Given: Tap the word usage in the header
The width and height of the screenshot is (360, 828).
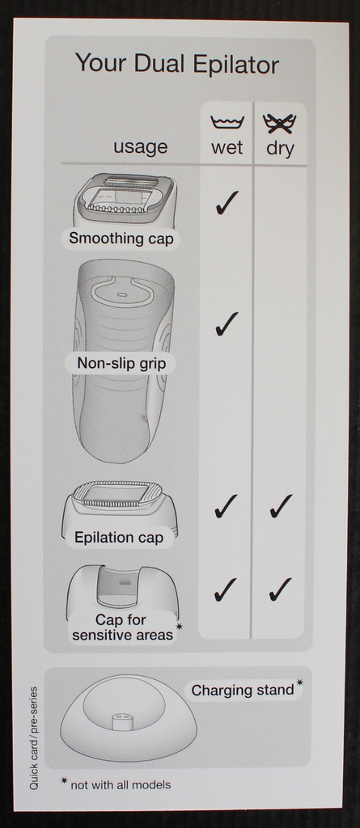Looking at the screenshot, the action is [x=140, y=147].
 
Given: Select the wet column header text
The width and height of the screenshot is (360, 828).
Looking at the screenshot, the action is [x=227, y=147].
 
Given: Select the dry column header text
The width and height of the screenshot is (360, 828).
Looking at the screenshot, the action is [x=280, y=149].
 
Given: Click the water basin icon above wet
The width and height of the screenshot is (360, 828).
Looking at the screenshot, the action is [x=227, y=123].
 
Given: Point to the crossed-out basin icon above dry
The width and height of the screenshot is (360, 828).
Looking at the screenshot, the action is [x=279, y=123].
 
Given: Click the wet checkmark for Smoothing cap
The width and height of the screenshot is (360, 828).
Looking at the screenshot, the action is [x=227, y=203].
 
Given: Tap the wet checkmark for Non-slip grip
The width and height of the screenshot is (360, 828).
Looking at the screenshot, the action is [x=227, y=323].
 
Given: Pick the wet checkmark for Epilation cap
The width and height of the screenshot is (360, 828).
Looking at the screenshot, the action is [x=226, y=506].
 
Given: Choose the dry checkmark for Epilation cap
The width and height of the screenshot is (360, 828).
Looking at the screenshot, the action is [x=281, y=506].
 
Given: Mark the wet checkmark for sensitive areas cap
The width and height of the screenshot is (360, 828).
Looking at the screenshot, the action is [x=225, y=589].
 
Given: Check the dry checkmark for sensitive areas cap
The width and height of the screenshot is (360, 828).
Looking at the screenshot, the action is [x=280, y=589].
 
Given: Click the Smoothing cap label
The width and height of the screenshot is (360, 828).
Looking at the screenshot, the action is [x=121, y=239].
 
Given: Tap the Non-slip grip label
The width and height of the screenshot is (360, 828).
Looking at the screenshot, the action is [x=121, y=363].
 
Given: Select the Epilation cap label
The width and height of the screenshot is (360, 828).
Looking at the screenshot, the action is [x=119, y=538].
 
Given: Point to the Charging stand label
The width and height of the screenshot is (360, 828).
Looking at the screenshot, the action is [x=243, y=691].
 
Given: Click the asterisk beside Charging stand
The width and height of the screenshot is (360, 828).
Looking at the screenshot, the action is [x=300, y=682].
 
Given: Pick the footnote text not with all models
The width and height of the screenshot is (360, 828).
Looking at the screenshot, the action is [x=121, y=785].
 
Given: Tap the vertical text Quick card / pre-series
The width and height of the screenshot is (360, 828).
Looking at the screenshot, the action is [x=34, y=737].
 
